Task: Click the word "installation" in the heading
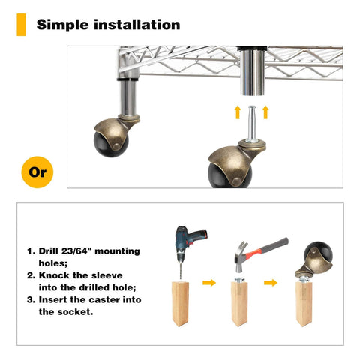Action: pos(139,24)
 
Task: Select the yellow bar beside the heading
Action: pos(21,24)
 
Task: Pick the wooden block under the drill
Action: pos(180,302)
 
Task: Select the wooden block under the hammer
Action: pos(240,302)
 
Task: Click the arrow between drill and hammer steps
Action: pos(210,283)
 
